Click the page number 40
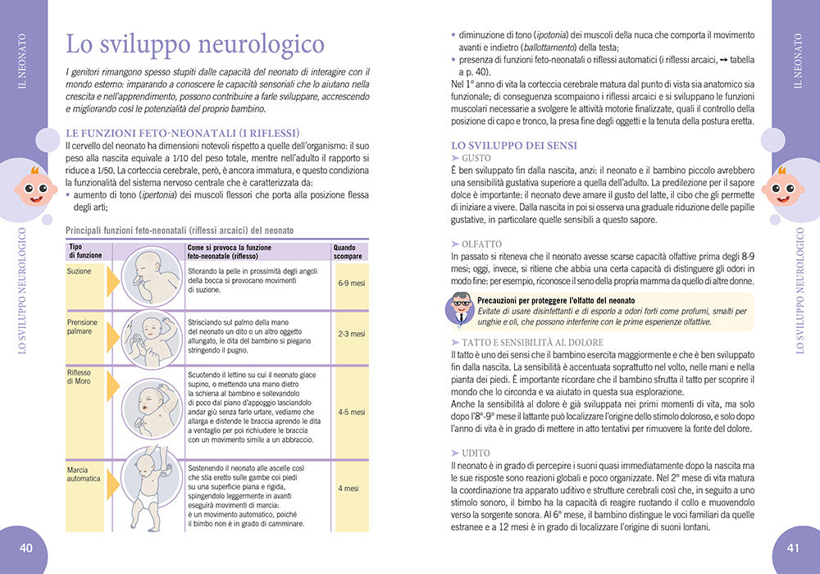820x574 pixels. pos(26,548)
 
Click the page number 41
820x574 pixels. pos(792,548)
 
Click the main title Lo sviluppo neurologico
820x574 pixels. pos(195,43)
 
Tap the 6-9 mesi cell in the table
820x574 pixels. pos(351,283)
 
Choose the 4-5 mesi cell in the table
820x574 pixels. pos(351,412)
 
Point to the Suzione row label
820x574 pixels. pos(80,271)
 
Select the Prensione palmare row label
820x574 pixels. pos(83,327)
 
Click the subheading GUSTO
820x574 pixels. pos(476,157)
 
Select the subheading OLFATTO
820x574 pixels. pos(481,244)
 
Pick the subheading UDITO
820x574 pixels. pos(476,453)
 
